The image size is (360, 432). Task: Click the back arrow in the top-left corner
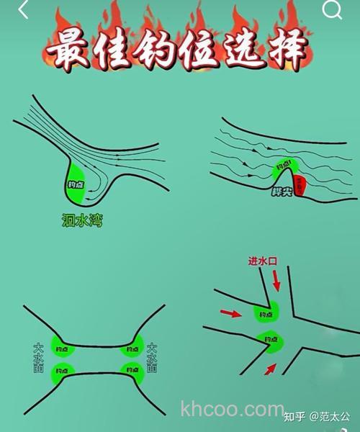(x=23, y=10)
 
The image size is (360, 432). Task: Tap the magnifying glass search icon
(x=332, y=9)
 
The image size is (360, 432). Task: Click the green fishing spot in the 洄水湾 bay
(x=76, y=184)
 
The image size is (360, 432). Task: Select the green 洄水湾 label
(x=82, y=221)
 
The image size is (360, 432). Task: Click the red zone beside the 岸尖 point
(x=299, y=184)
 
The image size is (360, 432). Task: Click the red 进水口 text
(x=263, y=261)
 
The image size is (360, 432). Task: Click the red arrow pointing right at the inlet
(x=230, y=312)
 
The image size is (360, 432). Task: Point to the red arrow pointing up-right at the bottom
(x=270, y=369)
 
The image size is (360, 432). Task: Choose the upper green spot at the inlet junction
(x=265, y=312)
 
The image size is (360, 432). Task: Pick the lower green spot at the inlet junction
(x=271, y=341)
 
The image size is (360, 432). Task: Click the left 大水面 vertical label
(x=39, y=357)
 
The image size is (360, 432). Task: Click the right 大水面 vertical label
(x=151, y=357)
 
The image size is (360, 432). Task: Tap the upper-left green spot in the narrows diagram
(x=63, y=348)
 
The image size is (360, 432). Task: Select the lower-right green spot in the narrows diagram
(x=130, y=372)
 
